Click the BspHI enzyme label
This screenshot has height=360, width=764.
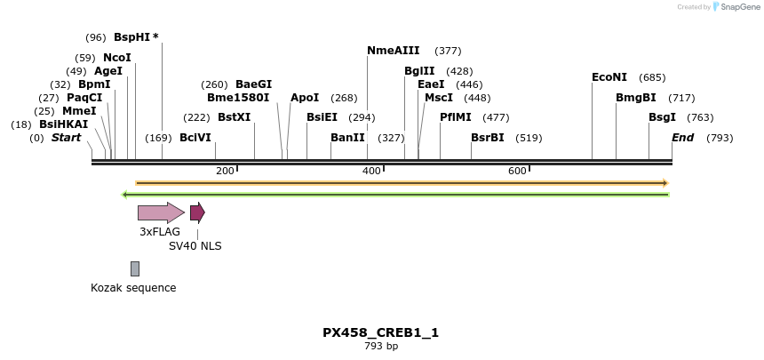coord(132,37)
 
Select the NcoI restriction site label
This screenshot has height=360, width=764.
coord(117,58)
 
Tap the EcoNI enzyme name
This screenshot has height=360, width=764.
coord(609,77)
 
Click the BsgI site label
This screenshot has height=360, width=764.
coord(662,117)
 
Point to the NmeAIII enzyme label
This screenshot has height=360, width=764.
coord(394,51)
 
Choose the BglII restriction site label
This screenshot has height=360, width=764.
coord(419,71)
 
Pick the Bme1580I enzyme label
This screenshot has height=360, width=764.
coord(238,98)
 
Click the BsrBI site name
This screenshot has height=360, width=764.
coord(488,138)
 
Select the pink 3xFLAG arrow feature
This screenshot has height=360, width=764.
coord(161,212)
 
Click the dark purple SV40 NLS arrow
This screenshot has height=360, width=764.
coord(197,212)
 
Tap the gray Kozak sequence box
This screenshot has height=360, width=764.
coord(135,268)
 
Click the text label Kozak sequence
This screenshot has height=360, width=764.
coord(133,288)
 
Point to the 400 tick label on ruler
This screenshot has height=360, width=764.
coord(371,171)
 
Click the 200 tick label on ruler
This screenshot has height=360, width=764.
coord(225,171)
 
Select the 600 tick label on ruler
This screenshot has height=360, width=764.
coord(517,171)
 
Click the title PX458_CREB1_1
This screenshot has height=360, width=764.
coord(380,332)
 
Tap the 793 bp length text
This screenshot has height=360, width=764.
coord(381,346)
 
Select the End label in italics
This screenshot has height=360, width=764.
coord(682,138)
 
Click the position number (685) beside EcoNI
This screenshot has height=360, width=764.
coord(652,77)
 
